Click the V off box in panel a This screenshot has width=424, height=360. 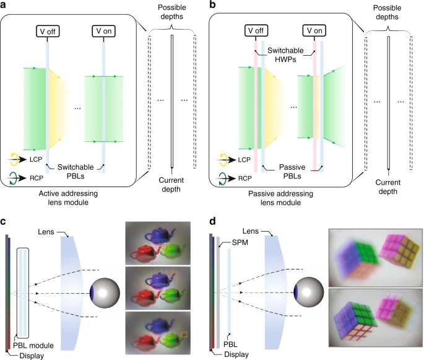pos(48,32)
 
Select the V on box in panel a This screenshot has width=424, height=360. pos(103,31)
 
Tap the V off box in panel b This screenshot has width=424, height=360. pos(256,30)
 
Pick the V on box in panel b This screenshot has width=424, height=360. pos(314,30)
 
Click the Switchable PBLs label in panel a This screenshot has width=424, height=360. pos(76,172)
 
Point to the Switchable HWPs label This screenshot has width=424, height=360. pos(285,55)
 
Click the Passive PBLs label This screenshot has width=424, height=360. pos(292,172)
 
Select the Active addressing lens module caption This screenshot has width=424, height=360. pos(68,198)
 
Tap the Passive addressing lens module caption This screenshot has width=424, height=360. pos(280,198)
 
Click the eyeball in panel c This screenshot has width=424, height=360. pos(105,293)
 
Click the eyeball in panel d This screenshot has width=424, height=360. pos(308,292)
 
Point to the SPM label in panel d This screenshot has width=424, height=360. pos(240,242)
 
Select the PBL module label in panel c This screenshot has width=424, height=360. pos(33,345)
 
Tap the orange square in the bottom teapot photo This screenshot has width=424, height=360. pos(184,335)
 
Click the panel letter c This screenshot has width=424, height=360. pos(3,221)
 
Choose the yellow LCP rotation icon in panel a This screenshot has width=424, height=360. pos(14,159)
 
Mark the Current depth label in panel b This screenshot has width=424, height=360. pos(387,187)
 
